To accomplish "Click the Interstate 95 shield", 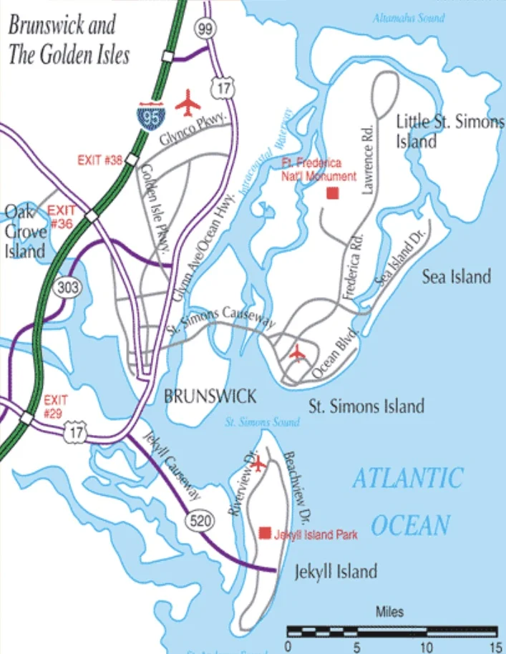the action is click(x=151, y=115).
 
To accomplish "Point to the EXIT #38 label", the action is click(x=99, y=160).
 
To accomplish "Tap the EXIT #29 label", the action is click(x=54, y=406).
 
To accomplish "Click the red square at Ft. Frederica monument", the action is click(x=332, y=192).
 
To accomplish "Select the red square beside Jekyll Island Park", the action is click(x=265, y=532).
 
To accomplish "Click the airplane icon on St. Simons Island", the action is click(x=297, y=352).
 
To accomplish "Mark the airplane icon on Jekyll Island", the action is click(x=258, y=464).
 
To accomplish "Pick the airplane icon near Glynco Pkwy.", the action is click(x=189, y=102).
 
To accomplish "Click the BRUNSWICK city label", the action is click(x=210, y=396).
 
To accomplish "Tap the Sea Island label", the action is click(x=456, y=276).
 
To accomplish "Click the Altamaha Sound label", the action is click(x=408, y=18).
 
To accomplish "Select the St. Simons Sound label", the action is click(x=262, y=422).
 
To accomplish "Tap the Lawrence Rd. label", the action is click(x=369, y=168).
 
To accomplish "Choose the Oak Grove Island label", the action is click(x=26, y=231).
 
